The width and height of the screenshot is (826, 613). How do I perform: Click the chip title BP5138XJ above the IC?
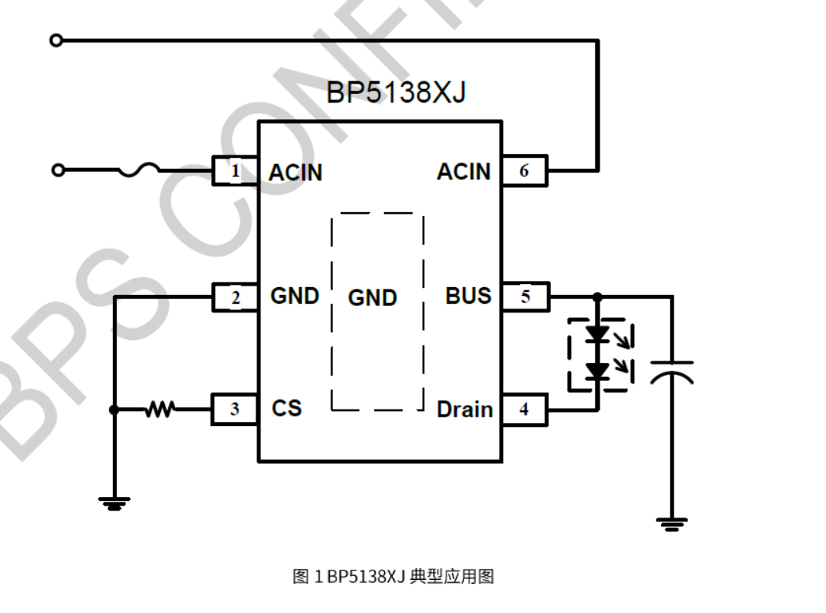tap(396, 93)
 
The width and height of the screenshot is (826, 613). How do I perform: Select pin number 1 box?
tap(235, 170)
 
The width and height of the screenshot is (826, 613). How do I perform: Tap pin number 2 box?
tap(235, 297)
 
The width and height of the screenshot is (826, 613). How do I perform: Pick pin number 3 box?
tap(235, 409)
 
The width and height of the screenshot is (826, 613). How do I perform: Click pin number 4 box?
tap(525, 409)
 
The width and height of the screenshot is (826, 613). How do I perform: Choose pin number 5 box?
tap(525, 297)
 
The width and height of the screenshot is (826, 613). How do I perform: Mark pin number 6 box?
tap(525, 170)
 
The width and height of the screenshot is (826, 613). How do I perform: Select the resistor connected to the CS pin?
tap(161, 409)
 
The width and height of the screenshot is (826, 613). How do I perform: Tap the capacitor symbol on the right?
tap(672, 372)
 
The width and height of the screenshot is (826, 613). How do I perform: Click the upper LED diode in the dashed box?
tap(598, 333)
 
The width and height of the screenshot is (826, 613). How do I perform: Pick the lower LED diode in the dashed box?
tap(598, 369)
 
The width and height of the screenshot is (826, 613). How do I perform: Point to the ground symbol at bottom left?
tap(114, 503)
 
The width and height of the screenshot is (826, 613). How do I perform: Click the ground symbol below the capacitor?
tap(672, 522)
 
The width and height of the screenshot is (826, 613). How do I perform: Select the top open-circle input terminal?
tap(55, 40)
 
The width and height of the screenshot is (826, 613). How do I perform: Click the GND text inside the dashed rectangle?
tap(372, 298)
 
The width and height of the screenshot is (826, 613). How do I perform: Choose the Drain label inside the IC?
tap(465, 409)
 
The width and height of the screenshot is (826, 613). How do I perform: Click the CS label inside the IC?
tap(286, 409)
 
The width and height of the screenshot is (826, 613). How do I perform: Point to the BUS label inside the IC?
tap(468, 296)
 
